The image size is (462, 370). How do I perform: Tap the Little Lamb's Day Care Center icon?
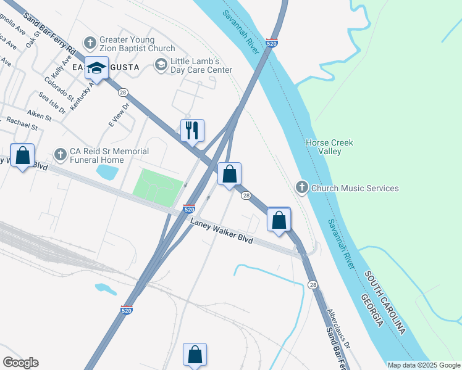pos(161,65)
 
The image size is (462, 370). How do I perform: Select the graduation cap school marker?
pos(97,68)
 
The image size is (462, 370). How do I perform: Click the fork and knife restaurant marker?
pos(192,130)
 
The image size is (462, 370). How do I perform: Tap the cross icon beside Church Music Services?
pos(302,187)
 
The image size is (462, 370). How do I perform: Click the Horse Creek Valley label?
pos(329,147)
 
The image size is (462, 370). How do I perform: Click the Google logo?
pos(20,363)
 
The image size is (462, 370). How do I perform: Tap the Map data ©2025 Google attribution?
pos(423,365)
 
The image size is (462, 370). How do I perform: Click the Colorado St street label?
pos(59,89)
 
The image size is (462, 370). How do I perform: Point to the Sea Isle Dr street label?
pos(51,103)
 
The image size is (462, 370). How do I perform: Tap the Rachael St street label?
pos(22,123)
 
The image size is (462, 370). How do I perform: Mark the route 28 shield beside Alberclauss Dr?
pos(313,284)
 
